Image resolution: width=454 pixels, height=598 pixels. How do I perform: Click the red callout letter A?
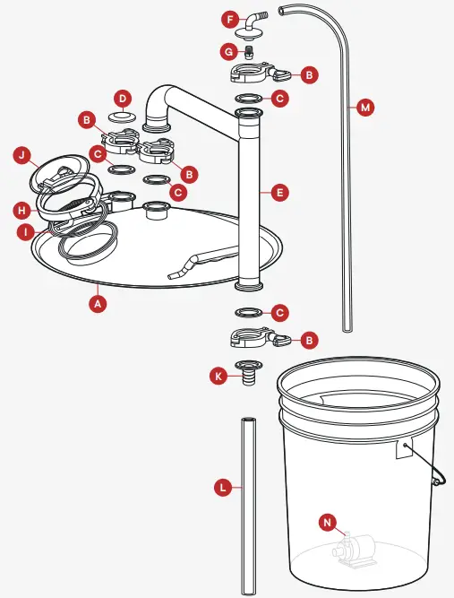click(99, 303)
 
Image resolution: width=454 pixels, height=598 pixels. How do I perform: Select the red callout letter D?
click(124, 96)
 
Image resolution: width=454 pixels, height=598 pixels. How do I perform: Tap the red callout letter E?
click(279, 192)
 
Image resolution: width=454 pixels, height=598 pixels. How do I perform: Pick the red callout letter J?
click(23, 155)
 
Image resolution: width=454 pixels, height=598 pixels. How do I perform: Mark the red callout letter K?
click(218, 377)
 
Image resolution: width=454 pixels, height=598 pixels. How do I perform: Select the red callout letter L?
click(224, 489)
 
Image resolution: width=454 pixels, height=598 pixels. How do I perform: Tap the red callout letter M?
click(364, 108)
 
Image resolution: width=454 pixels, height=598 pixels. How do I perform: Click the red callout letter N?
click(329, 521)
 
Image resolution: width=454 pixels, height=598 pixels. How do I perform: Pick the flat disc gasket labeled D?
click(124, 117)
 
